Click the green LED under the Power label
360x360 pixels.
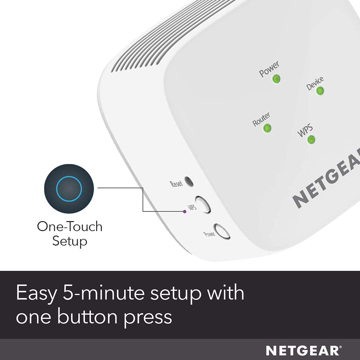pos(276,79)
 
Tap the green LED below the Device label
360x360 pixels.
pos(319,91)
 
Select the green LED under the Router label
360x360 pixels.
pos(267,128)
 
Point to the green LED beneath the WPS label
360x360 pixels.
pos(311,140)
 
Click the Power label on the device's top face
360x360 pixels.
pos(269,69)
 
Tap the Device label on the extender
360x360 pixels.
pos(315,83)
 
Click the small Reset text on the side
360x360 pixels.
pos(176,184)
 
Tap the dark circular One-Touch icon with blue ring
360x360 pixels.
pos(69,189)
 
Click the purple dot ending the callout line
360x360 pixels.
pos(185,212)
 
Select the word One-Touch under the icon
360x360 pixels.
pos(69,227)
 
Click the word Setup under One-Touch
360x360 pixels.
pos(69,241)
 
